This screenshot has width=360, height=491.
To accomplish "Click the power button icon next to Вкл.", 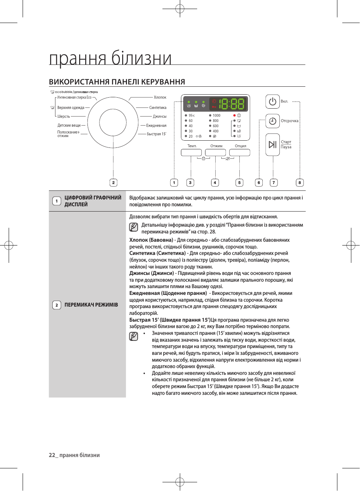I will point(273,101).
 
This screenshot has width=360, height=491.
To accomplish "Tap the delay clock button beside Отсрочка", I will point(273,121).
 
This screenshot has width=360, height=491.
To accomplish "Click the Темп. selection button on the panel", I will point(191,152).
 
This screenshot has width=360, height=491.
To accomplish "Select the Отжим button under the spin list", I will point(216,152).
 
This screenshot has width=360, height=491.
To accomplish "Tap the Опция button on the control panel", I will point(240,152).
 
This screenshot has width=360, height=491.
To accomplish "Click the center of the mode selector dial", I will point(113,123).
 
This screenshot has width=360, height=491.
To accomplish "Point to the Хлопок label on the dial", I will point(160,97).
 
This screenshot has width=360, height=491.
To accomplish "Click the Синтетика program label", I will point(158,107).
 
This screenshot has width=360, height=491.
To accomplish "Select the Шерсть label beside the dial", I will point(64,117).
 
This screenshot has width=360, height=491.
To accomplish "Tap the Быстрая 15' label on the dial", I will point(156,134).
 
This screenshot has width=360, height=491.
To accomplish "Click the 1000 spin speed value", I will point(216,115).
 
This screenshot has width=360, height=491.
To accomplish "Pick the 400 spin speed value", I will point(216,131).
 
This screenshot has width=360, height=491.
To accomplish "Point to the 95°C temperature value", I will point(191,115).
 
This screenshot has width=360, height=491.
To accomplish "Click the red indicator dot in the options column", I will point(234,115).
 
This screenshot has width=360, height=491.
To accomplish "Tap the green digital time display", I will point(231,104).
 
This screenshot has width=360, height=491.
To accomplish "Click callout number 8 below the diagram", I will point(300,183).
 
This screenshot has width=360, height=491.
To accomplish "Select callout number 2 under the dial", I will point(113,183).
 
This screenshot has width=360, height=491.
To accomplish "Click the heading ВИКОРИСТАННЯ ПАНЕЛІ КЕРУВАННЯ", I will point(117,82).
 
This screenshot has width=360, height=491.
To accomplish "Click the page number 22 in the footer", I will point(52,455).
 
